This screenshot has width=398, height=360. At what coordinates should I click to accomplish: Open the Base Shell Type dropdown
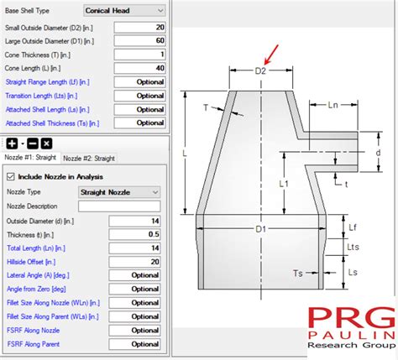point(124,11)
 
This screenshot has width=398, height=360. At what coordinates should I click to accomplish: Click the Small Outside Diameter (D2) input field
point(139,28)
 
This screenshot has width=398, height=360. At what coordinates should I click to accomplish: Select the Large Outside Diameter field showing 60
point(139,41)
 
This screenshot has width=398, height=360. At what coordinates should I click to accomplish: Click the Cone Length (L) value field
point(139,68)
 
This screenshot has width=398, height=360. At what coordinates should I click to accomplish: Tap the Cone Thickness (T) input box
point(139,55)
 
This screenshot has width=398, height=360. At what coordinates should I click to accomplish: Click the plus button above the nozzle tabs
point(12,143)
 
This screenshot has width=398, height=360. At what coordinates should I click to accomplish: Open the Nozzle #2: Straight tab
point(89,159)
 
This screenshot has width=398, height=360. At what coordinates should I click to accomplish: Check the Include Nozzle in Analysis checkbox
point(11,177)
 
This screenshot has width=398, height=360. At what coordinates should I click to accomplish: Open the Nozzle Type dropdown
point(119,192)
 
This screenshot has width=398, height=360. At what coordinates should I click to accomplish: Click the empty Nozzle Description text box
point(119,206)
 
